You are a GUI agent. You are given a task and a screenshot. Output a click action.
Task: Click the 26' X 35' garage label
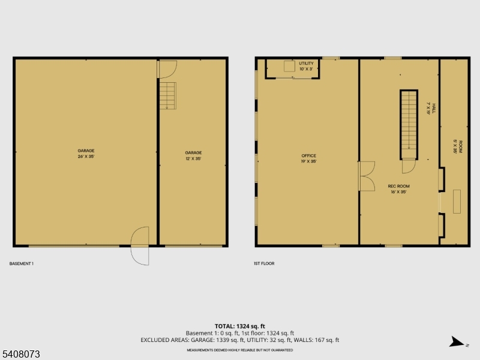[x=86, y=153]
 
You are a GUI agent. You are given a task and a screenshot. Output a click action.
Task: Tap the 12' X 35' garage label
[x=193, y=155]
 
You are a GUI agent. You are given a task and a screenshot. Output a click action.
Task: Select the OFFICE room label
[x=308, y=158]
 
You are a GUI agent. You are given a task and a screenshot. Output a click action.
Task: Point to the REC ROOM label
[x=398, y=189]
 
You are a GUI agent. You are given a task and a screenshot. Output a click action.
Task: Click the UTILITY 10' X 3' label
[x=306, y=65]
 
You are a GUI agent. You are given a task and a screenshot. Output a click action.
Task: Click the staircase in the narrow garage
[x=167, y=96]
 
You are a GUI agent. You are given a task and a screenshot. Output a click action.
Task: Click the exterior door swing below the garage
[x=140, y=245]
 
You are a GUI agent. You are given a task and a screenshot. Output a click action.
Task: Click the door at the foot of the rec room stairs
[x=409, y=166]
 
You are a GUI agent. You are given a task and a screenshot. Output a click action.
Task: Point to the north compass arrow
[x=457, y=342]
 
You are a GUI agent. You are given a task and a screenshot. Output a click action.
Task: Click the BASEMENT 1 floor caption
[x=21, y=263]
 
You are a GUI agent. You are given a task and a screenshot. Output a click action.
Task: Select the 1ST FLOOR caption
[x=264, y=263]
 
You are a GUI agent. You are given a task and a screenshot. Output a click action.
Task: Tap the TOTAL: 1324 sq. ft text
[x=239, y=326]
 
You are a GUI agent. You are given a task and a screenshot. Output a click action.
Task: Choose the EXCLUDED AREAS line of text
[x=239, y=340]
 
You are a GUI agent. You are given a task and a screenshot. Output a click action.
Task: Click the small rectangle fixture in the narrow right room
[x=457, y=201]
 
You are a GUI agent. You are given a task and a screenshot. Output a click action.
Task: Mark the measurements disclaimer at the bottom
[x=239, y=349]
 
